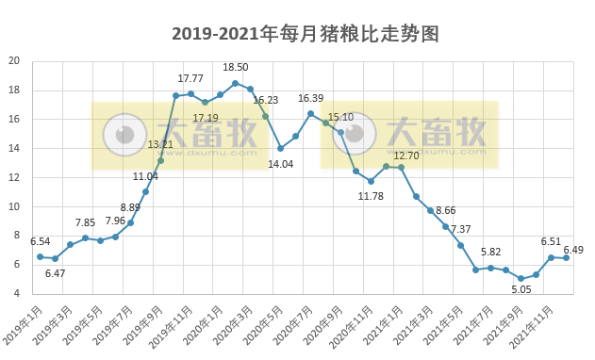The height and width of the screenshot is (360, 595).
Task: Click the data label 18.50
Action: (x=235, y=68)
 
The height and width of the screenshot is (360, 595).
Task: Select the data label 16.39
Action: (x=310, y=98)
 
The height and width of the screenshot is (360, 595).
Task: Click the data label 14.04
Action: (x=280, y=163)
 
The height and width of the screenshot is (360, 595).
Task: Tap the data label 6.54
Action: (x=40, y=242)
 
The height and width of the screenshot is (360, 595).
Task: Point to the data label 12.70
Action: (x=406, y=155)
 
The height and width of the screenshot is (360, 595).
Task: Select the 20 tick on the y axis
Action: (x=14, y=61)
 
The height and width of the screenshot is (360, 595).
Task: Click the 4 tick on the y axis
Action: (x=17, y=294)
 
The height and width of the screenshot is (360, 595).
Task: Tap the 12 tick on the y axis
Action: (x=14, y=177)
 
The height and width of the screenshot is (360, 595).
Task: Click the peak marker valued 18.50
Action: (x=235, y=83)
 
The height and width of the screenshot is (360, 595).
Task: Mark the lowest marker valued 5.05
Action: (x=521, y=279)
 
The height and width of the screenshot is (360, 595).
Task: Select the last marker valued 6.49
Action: (x=566, y=258)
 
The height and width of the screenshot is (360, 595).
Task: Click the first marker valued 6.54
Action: (x=40, y=256)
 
